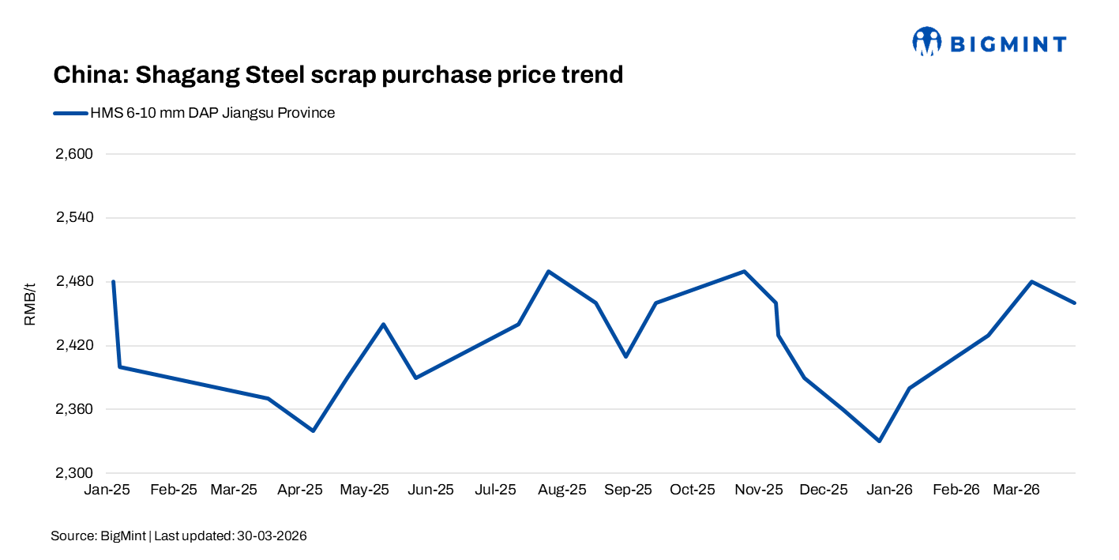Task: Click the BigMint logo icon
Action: click(x=927, y=42)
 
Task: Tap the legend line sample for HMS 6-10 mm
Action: click(x=70, y=113)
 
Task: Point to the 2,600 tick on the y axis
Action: click(x=74, y=154)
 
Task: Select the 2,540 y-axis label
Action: click(x=74, y=218)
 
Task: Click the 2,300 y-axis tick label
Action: click(x=74, y=473)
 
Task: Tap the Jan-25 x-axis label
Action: click(x=107, y=490)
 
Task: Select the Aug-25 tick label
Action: click(x=562, y=490)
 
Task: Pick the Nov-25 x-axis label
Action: click(x=759, y=490)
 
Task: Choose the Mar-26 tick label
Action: click(x=1016, y=490)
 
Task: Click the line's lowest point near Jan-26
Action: click(x=879, y=441)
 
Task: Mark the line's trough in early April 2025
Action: click(x=314, y=430)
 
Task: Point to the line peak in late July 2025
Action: click(x=548, y=271)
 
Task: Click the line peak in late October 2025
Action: click(x=744, y=271)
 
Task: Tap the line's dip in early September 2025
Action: click(x=625, y=356)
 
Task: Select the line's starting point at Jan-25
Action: click(x=114, y=282)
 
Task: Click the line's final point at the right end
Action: click(x=1075, y=303)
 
